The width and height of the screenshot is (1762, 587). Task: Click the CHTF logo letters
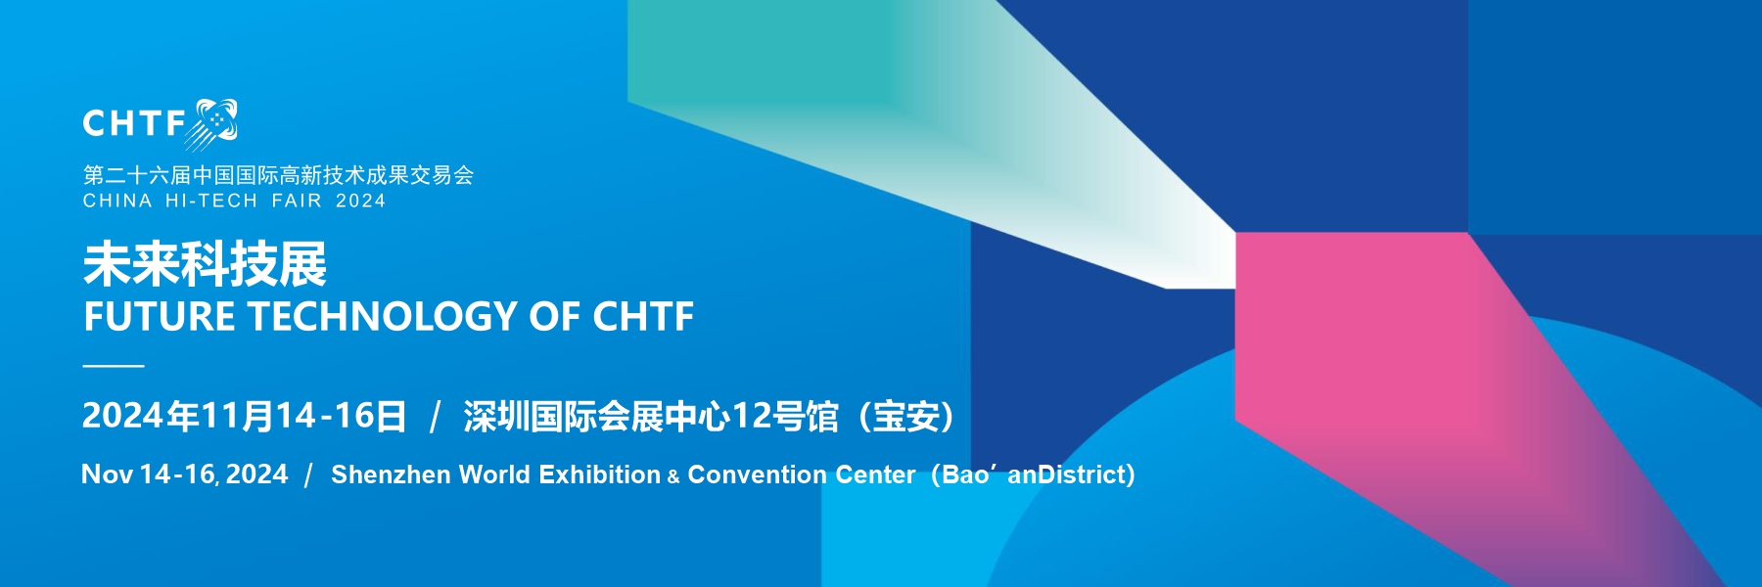pyautogui.click(x=134, y=123)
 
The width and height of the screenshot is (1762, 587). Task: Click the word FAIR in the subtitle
pyautogui.click(x=297, y=201)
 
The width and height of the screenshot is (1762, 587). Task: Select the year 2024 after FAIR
pyautogui.click(x=360, y=201)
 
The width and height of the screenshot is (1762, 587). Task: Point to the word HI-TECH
pyautogui.click(x=211, y=201)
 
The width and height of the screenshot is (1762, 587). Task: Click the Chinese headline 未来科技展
pyautogui.click(x=205, y=264)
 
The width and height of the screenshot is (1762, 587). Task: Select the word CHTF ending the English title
pyautogui.click(x=643, y=317)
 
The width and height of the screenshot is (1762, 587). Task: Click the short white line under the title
pyautogui.click(x=114, y=366)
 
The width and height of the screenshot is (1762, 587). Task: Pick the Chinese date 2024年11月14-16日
pyautogui.click(x=244, y=417)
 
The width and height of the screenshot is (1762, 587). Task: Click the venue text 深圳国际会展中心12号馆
pyautogui.click(x=651, y=417)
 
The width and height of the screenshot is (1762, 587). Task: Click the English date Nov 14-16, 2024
pyautogui.click(x=185, y=474)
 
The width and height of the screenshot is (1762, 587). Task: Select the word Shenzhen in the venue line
pyautogui.click(x=391, y=474)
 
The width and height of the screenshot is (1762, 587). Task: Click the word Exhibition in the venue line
pyautogui.click(x=600, y=474)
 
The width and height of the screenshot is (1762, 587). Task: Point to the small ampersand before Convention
pyautogui.click(x=673, y=477)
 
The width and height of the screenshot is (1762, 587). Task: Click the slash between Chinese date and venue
pyautogui.click(x=436, y=417)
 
